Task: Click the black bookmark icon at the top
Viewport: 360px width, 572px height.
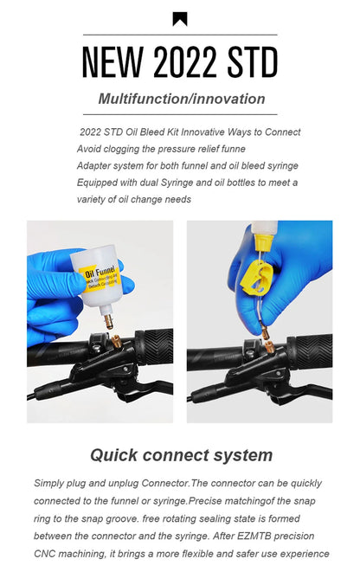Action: coord(180,19)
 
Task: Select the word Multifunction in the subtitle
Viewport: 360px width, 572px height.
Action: coord(143,99)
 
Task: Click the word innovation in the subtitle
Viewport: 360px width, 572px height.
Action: coord(228,99)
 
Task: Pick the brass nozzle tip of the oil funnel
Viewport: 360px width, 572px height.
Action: coord(108,322)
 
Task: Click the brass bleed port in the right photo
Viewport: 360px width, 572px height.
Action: coord(270,346)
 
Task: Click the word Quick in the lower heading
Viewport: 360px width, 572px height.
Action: coord(114,456)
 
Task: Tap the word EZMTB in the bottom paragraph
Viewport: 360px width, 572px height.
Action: coord(254,537)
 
